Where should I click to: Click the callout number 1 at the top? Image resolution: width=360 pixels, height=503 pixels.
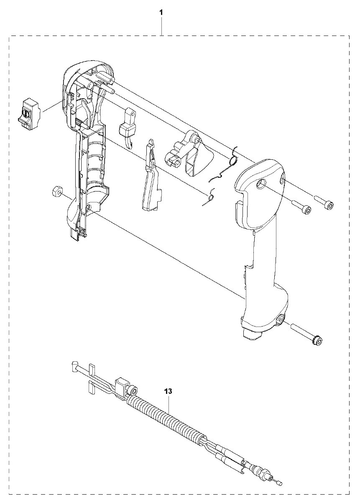tap(161, 13)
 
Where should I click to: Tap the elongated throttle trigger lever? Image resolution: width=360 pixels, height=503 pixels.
tap(151, 176)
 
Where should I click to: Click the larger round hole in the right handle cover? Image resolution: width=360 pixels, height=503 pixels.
tap(261, 185)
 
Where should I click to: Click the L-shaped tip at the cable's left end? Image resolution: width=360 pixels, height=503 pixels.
tap(74, 364)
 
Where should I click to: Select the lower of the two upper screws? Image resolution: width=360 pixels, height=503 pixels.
tap(301, 206)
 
